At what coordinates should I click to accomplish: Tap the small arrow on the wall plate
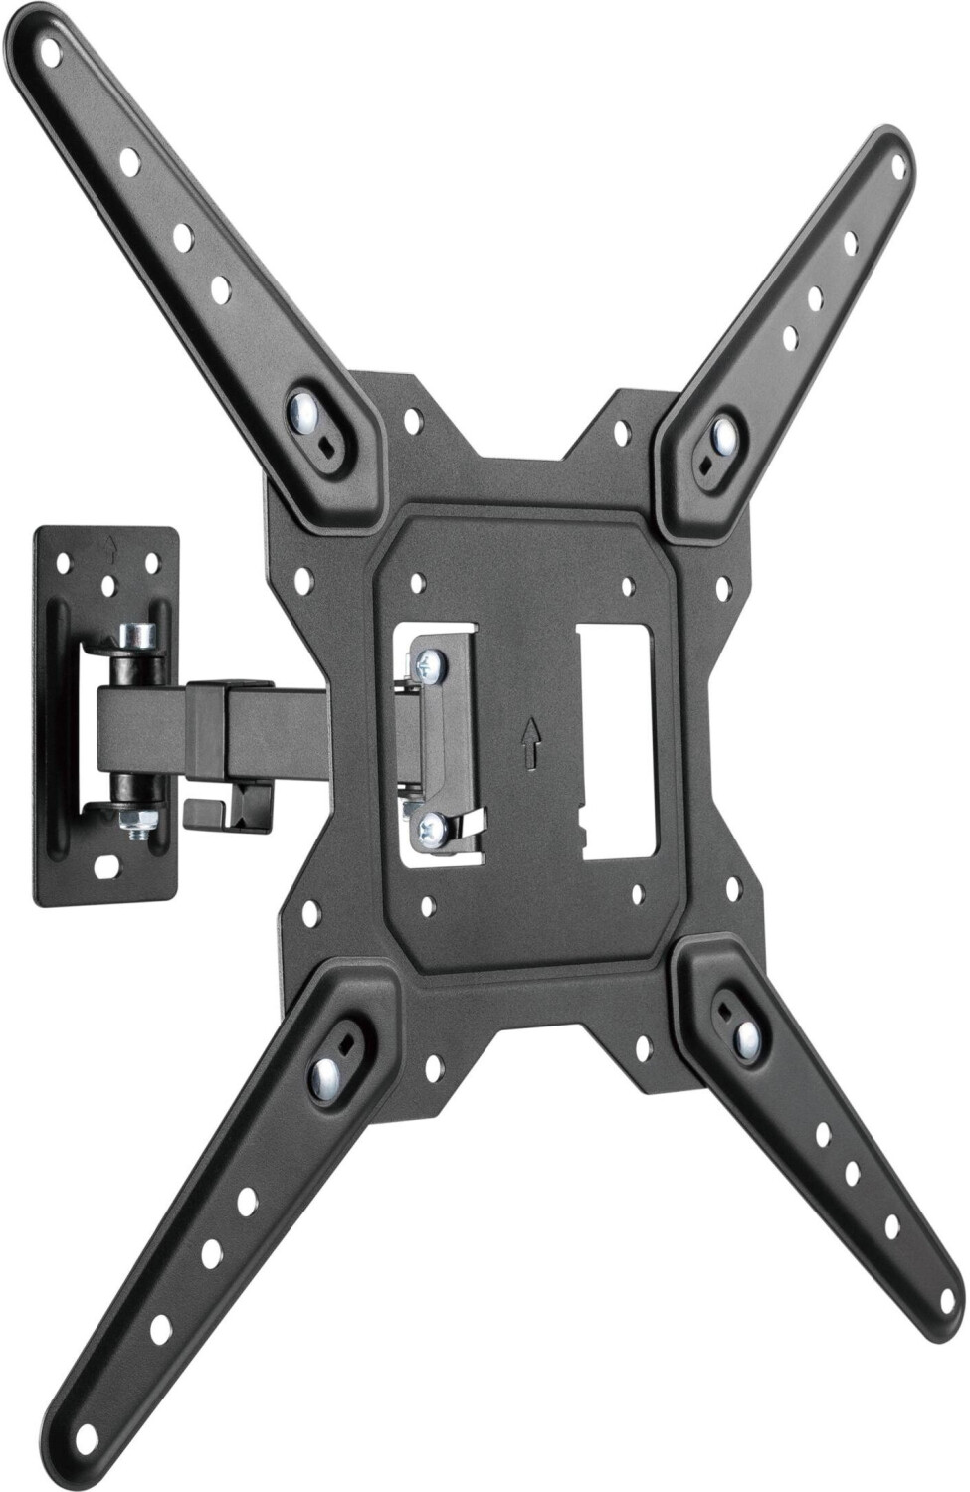pyautogui.click(x=110, y=545)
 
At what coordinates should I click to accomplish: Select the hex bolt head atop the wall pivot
pyautogui.click(x=138, y=634)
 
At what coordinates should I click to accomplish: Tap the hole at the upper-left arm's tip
pyautogui.click(x=48, y=56)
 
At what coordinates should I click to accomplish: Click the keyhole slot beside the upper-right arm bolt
pyautogui.click(x=705, y=464)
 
